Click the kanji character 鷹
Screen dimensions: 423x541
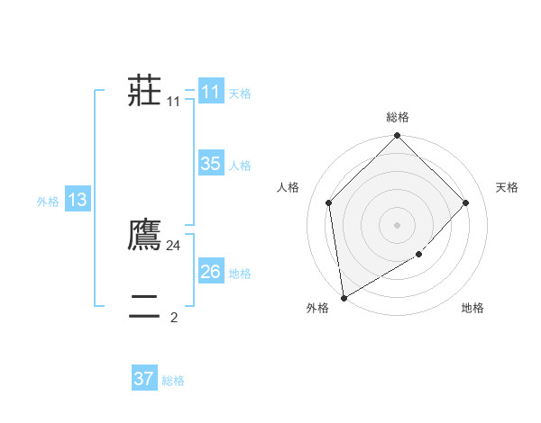(145, 234)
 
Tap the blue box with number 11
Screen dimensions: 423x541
(211, 92)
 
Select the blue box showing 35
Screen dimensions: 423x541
(211, 164)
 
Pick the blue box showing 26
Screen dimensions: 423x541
(211, 272)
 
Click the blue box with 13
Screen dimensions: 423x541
(78, 200)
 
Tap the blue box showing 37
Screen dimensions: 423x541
(144, 379)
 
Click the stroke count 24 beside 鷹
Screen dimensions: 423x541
(174, 245)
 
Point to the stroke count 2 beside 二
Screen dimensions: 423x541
(174, 317)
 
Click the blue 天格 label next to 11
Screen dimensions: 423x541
(240, 94)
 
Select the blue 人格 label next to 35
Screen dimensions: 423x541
(240, 166)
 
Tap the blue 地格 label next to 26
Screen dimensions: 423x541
(240, 274)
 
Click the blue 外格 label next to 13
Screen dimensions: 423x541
(48, 202)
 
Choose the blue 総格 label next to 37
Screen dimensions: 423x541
(173, 381)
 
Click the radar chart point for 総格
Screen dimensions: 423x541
(398, 136)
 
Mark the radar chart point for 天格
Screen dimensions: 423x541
(466, 202)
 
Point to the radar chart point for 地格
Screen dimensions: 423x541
(419, 255)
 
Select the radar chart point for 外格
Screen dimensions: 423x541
(344, 298)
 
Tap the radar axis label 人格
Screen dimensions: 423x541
(289, 187)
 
